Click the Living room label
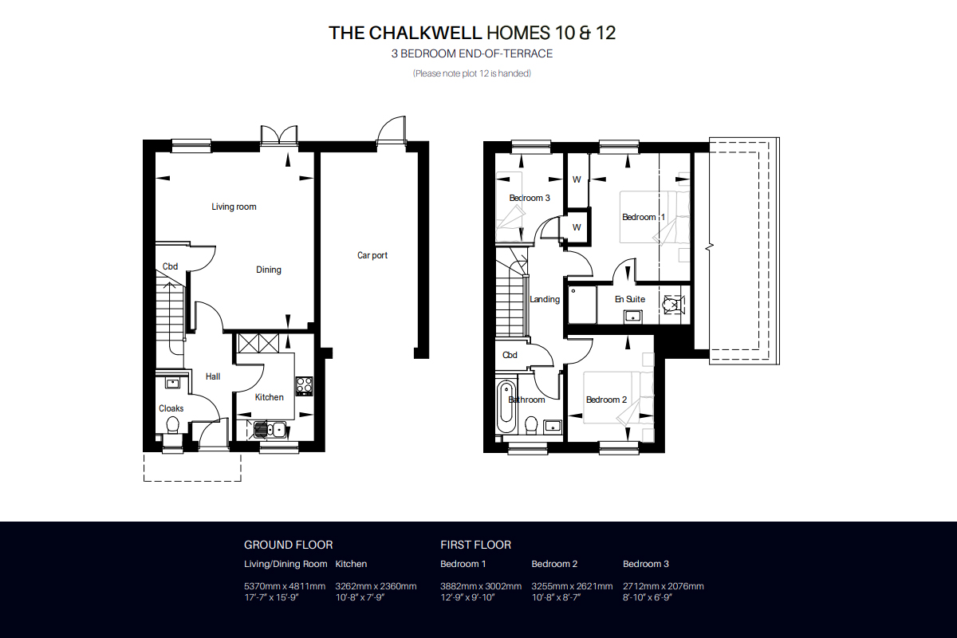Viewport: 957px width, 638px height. [x=234, y=207]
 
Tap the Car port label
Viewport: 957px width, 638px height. [x=372, y=255]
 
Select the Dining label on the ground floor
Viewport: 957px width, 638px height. [x=268, y=270]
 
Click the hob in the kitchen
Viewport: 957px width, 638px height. [x=304, y=385]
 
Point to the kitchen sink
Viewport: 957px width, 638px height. [x=270, y=430]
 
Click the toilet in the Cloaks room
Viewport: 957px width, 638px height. [x=172, y=426]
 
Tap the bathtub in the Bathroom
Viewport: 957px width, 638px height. [x=506, y=408]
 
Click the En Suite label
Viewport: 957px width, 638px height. [x=630, y=300]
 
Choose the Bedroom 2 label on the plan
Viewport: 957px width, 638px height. [x=606, y=400]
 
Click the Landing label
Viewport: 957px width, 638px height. [x=545, y=300]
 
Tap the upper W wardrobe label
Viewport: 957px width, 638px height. [x=577, y=180]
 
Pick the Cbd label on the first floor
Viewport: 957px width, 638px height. [x=510, y=355]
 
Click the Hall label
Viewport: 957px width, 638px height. [x=213, y=377]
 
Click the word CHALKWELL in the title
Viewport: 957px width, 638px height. [x=425, y=33]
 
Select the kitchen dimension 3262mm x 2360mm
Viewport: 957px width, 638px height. [x=376, y=586]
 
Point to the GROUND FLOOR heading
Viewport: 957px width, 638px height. [x=289, y=545]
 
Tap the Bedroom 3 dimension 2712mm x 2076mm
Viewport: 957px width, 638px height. [x=663, y=586]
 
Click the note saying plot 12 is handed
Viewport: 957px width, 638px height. [x=472, y=73]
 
